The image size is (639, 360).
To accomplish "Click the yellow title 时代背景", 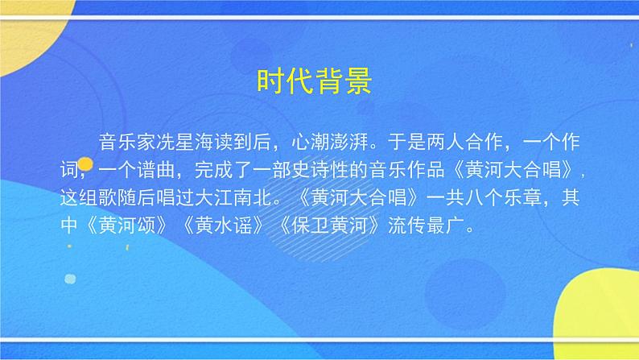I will (313, 81).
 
